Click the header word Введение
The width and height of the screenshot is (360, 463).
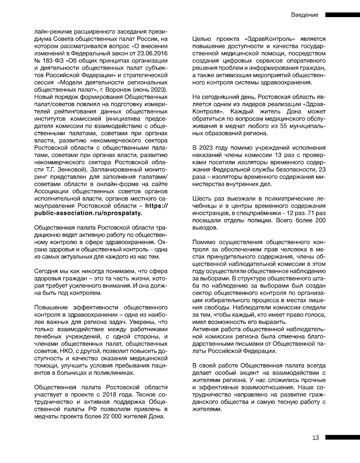(x=304, y=15)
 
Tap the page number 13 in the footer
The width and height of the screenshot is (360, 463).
(x=316, y=437)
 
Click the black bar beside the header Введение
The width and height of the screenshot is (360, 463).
(x=342, y=15)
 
